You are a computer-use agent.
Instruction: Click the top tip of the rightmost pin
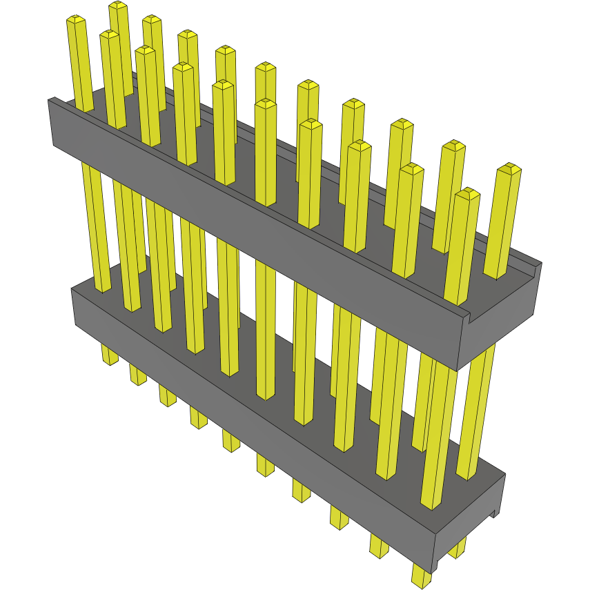pyautogui.click(x=510, y=168)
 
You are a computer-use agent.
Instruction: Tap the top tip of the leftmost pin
pyautogui.click(x=76, y=21)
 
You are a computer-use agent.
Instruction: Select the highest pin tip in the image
pyautogui.click(x=118, y=6)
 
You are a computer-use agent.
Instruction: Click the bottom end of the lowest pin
pyautogui.click(x=421, y=582)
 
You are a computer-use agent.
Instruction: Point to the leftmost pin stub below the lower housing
pyautogui.click(x=109, y=355)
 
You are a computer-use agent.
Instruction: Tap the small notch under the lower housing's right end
pyautogui.click(x=494, y=513)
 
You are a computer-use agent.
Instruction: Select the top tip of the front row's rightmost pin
pyautogui.click(x=467, y=193)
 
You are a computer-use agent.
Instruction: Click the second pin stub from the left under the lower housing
pyautogui.click(x=137, y=375)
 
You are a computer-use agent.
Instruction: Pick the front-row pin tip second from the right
pyautogui.click(x=411, y=169)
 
